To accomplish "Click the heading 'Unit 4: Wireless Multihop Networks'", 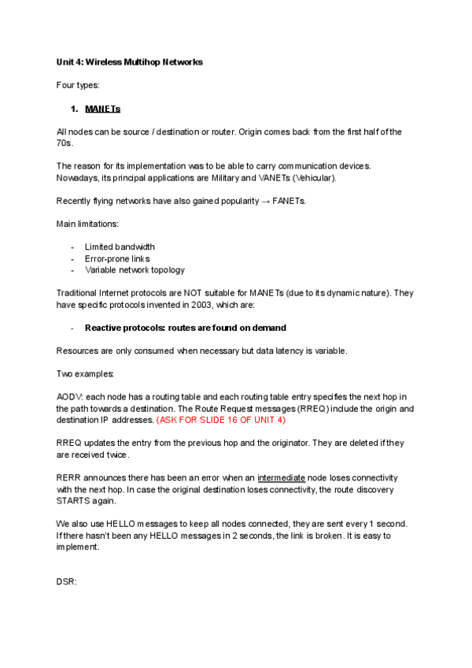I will [x=130, y=62].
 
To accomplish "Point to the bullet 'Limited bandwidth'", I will [x=120, y=247].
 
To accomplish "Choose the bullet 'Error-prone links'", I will [x=117, y=258].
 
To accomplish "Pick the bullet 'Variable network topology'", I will [x=135, y=270].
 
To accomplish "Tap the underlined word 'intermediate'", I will [x=281, y=478].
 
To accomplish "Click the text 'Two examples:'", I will [x=85, y=373].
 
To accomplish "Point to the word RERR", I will [x=69, y=478].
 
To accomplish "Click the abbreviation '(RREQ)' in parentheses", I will [x=316, y=409].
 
